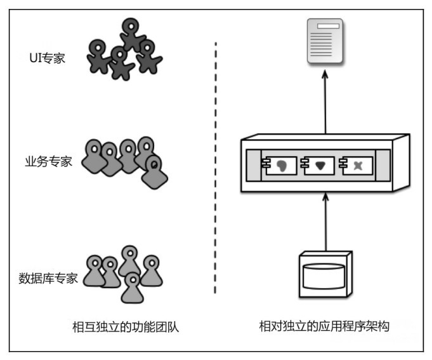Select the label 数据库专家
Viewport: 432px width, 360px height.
(49, 277)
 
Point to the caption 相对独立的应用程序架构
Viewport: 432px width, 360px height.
(324, 327)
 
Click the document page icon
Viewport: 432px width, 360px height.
(325, 41)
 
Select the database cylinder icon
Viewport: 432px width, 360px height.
(324, 274)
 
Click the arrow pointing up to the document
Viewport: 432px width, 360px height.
(325, 102)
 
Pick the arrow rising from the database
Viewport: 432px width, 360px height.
(325, 222)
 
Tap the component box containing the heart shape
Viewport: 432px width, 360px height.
(317, 164)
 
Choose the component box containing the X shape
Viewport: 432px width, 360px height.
(355, 164)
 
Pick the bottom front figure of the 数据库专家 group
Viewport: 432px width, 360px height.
(132, 286)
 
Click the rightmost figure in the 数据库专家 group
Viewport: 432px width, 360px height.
(151, 270)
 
